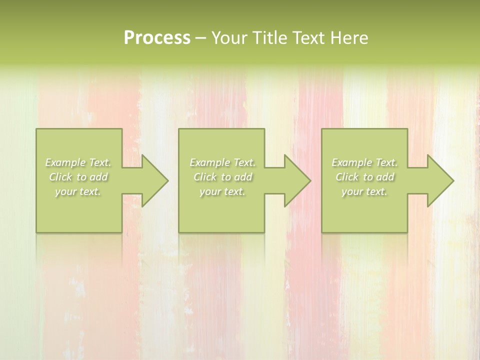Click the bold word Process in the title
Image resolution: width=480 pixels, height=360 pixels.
pos(157,38)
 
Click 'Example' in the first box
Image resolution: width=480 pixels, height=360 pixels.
pos(65,162)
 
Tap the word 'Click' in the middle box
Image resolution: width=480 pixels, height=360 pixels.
pos(205,177)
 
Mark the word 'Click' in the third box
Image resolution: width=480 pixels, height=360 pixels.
pos(347,177)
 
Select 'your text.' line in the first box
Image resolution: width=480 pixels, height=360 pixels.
pos(78,191)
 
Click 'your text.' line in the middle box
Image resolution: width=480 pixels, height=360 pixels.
pos(222,191)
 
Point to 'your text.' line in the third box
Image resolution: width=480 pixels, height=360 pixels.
pos(364,191)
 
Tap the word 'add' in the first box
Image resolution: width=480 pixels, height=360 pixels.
pos(98,177)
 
